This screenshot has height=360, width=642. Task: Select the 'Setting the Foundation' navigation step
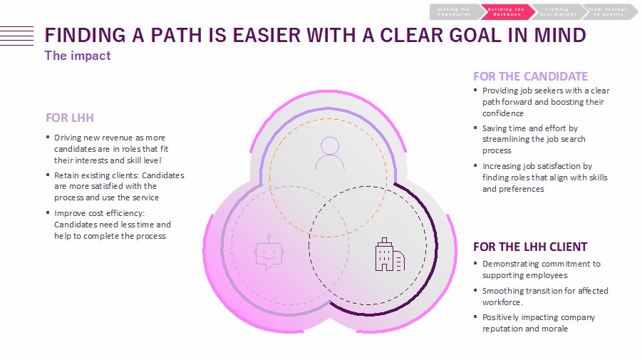coord(455,11)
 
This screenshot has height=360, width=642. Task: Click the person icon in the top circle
coord(329,152)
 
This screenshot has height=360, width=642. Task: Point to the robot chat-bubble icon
coord(266,252)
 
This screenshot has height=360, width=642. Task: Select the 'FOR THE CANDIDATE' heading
coord(530,76)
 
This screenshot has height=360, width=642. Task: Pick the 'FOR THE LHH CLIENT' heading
coord(530,247)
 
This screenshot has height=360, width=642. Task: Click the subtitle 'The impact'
coord(78,55)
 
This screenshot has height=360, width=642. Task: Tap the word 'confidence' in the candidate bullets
coord(503,113)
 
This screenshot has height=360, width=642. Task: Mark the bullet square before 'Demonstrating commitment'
coord(476,264)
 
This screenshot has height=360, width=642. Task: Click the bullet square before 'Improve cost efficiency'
coord(48,213)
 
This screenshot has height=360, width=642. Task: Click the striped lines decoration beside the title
coord(16,35)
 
